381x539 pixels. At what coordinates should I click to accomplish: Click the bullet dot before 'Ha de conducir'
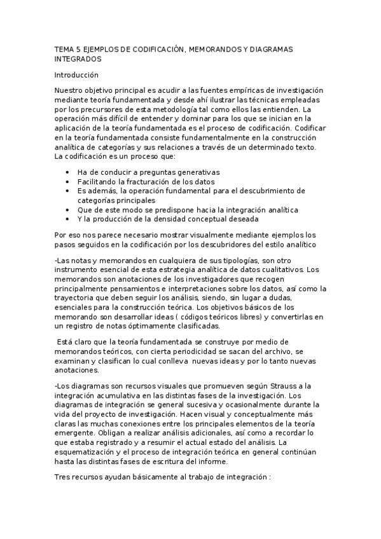(x=67, y=172)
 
